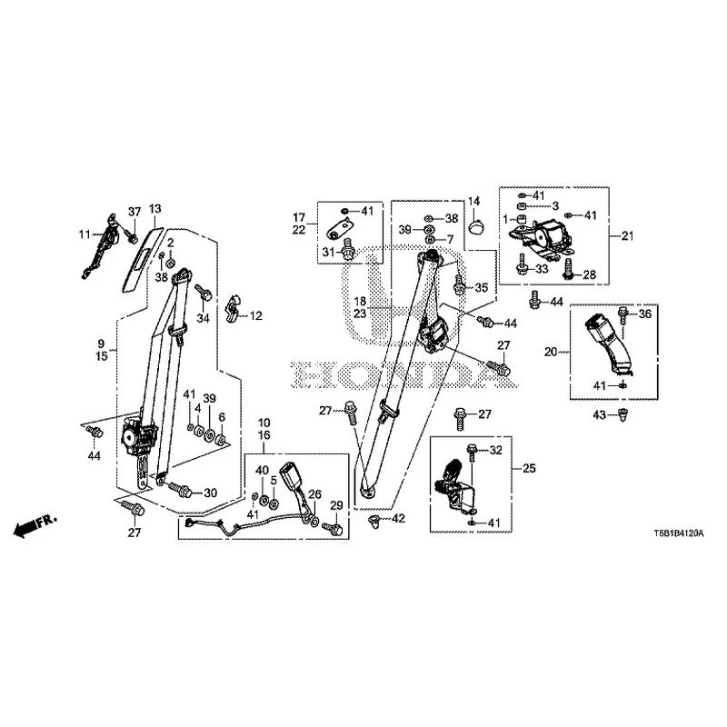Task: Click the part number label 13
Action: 154,209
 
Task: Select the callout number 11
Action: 85,234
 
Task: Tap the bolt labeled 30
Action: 180,489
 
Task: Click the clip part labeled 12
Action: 233,308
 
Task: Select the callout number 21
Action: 627,236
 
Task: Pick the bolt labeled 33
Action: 523,264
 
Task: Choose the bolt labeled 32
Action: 472,452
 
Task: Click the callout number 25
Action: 529,468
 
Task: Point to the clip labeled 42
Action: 373,520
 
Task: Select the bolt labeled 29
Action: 332,528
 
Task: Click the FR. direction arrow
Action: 35,525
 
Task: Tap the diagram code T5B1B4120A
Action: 679,533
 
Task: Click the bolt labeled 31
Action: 349,250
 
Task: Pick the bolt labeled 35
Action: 459,284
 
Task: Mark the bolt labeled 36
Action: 623,314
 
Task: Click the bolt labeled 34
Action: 204,292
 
